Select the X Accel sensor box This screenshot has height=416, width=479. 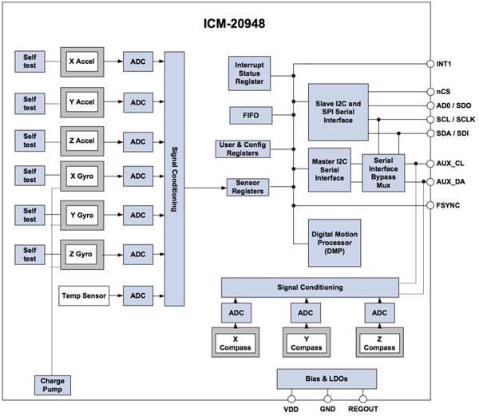point(83,61)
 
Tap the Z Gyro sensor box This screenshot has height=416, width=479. point(83,254)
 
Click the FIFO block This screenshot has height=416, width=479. point(250,116)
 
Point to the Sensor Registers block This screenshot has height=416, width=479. point(249,187)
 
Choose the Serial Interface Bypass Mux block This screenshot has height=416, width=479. point(386,171)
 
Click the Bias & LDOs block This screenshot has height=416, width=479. point(326,378)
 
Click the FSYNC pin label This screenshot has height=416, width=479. point(453,204)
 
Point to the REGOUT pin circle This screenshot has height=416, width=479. point(364,397)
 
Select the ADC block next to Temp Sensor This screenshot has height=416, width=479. point(139,295)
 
